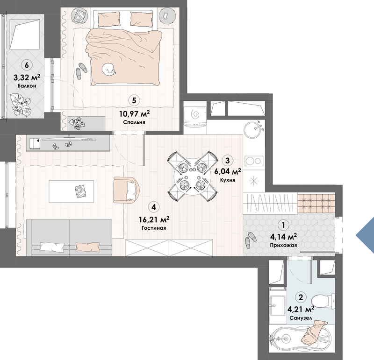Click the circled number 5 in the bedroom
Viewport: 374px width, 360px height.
click(x=134, y=100)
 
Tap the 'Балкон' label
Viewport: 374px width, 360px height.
click(x=27, y=86)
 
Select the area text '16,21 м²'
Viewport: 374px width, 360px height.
click(x=154, y=219)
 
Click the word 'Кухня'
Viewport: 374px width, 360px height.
click(x=227, y=180)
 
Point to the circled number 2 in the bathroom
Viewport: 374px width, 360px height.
click(x=301, y=297)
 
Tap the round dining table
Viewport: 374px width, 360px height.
click(x=192, y=176)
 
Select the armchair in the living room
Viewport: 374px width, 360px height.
click(x=126, y=190)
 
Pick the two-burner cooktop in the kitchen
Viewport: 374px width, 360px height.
click(x=254, y=161)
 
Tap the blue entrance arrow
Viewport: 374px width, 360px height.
click(x=365, y=235)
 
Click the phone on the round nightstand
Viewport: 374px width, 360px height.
click(x=165, y=16)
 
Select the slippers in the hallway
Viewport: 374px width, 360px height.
click(x=250, y=240)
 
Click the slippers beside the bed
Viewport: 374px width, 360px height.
click(x=81, y=71)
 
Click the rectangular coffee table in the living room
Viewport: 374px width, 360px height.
click(x=72, y=191)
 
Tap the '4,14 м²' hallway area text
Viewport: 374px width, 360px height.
click(x=283, y=237)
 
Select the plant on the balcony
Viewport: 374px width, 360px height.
click(x=21, y=105)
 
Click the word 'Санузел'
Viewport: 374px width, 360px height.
click(x=301, y=318)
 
